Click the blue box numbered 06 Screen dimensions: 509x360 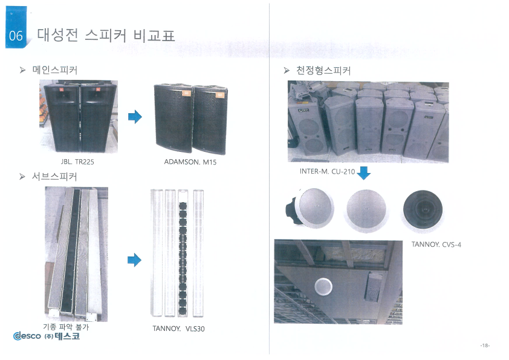click(16, 28)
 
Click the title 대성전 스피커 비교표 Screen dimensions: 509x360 click(106, 35)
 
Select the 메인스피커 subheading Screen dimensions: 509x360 click(55, 70)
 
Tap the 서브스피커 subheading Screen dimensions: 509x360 click(54, 177)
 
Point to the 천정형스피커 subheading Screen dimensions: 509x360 click(323, 71)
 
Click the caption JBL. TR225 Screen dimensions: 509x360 click(77, 162)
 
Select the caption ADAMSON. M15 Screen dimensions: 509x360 click(190, 162)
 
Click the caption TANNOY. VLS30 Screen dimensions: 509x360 click(178, 329)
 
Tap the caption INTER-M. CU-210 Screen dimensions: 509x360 click(327, 172)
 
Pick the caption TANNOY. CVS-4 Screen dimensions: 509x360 click(436, 244)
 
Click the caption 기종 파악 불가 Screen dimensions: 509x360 click(66, 327)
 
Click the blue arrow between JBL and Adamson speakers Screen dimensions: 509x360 click(135, 117)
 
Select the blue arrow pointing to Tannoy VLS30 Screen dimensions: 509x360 click(134, 260)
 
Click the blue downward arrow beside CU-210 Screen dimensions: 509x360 click(363, 173)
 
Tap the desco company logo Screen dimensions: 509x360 click(47, 336)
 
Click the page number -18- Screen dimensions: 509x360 click(485, 345)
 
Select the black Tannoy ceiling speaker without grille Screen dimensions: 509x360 click(423, 210)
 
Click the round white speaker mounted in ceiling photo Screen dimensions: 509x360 click(323, 287)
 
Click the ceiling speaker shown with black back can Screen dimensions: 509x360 click(310, 208)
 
